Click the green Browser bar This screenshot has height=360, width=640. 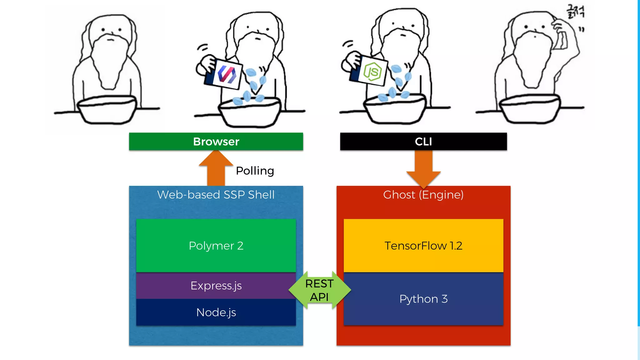(216, 142)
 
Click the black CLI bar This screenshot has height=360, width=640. (423, 142)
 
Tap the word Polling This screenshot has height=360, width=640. (255, 171)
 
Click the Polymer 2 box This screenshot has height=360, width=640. (216, 246)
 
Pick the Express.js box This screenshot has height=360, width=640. (216, 286)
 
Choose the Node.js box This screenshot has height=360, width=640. (216, 312)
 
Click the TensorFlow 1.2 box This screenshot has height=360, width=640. (423, 246)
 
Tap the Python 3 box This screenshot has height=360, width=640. (423, 299)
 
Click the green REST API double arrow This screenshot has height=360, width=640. (319, 290)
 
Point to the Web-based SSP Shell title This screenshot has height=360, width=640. (216, 195)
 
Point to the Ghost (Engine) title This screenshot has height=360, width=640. (423, 195)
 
